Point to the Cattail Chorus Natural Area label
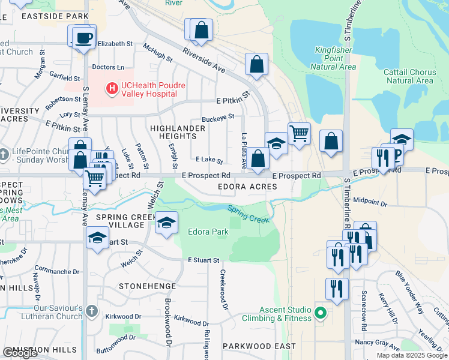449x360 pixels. (x=411, y=76)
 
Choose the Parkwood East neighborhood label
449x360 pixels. (x=259, y=346)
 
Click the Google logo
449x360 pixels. (x=20, y=353)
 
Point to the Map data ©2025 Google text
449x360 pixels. (x=412, y=355)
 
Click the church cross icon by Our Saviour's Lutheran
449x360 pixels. (x=91, y=311)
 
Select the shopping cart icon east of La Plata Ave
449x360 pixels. (x=299, y=134)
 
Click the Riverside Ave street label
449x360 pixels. (x=204, y=61)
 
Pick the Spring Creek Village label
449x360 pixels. (x=120, y=221)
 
